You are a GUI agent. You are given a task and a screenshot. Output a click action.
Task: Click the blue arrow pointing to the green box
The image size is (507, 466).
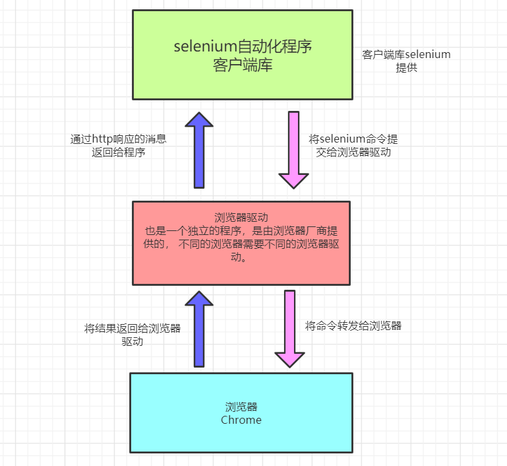point(199,150)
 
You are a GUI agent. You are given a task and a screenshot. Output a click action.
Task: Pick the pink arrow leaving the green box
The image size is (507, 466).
point(293,150)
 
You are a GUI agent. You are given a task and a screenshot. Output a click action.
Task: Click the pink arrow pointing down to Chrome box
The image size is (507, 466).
point(289,329)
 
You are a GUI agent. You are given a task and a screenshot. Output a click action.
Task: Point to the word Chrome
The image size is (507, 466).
point(241,420)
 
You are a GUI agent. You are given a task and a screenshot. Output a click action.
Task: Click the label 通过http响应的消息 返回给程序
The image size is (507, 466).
point(119,146)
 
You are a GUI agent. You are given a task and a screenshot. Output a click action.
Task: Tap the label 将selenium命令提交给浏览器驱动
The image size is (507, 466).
point(353,146)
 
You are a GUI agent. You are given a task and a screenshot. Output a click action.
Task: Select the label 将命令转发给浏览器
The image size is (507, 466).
point(353,325)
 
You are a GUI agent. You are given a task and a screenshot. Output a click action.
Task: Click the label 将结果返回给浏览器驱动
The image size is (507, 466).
point(133,335)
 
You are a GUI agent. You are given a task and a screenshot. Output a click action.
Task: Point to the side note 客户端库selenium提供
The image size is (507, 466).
point(406,61)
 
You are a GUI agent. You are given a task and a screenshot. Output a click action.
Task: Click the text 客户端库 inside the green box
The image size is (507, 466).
point(243,66)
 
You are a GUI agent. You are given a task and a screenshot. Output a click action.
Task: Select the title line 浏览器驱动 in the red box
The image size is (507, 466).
point(241,217)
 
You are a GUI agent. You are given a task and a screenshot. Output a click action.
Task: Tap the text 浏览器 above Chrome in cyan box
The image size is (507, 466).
point(241,407)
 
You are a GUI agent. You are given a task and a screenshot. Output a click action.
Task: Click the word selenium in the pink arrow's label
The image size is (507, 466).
point(342,140)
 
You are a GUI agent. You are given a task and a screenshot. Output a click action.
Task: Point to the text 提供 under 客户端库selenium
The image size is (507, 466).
point(406,67)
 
